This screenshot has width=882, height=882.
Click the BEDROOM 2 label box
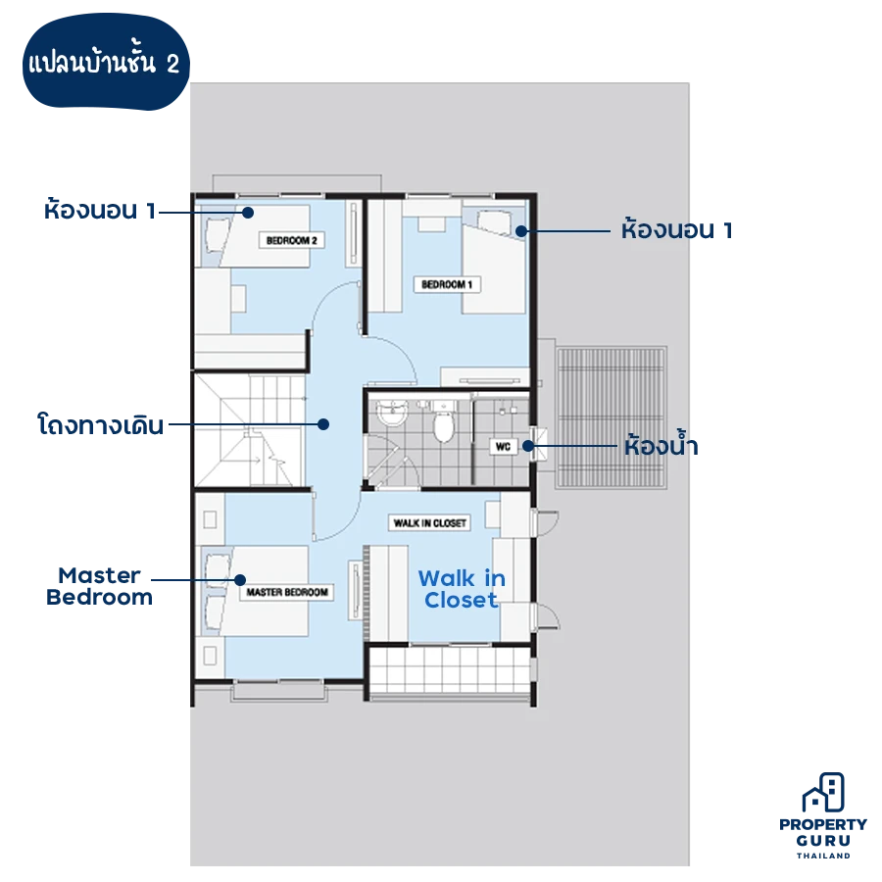coord(291,240)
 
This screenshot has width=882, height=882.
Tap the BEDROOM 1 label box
coord(447,284)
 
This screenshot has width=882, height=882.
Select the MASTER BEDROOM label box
coord(287,592)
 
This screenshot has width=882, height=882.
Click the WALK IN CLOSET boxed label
coord(430,523)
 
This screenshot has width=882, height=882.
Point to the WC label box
coord(503,447)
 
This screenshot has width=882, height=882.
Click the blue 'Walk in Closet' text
coord(462,589)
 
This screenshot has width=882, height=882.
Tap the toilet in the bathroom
coord(443,424)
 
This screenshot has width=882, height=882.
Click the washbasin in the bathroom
coord(391,414)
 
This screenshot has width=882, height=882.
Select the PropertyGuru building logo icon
coord(823,793)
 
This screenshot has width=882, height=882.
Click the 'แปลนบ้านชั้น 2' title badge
coord(106,63)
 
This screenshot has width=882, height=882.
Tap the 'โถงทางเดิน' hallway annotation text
coord(100,424)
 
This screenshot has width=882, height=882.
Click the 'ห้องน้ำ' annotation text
coord(661,446)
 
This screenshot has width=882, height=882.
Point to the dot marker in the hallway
coord(322,424)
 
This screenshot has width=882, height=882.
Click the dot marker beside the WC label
coord(527,446)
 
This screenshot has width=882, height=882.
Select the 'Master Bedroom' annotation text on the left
coord(99,586)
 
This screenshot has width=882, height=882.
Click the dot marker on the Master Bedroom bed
coord(240,580)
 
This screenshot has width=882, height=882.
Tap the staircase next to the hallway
coord(250,429)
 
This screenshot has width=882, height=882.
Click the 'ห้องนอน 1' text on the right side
coord(676,229)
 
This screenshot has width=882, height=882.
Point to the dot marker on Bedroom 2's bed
coord(248,213)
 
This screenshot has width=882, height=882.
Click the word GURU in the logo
coord(823,841)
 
